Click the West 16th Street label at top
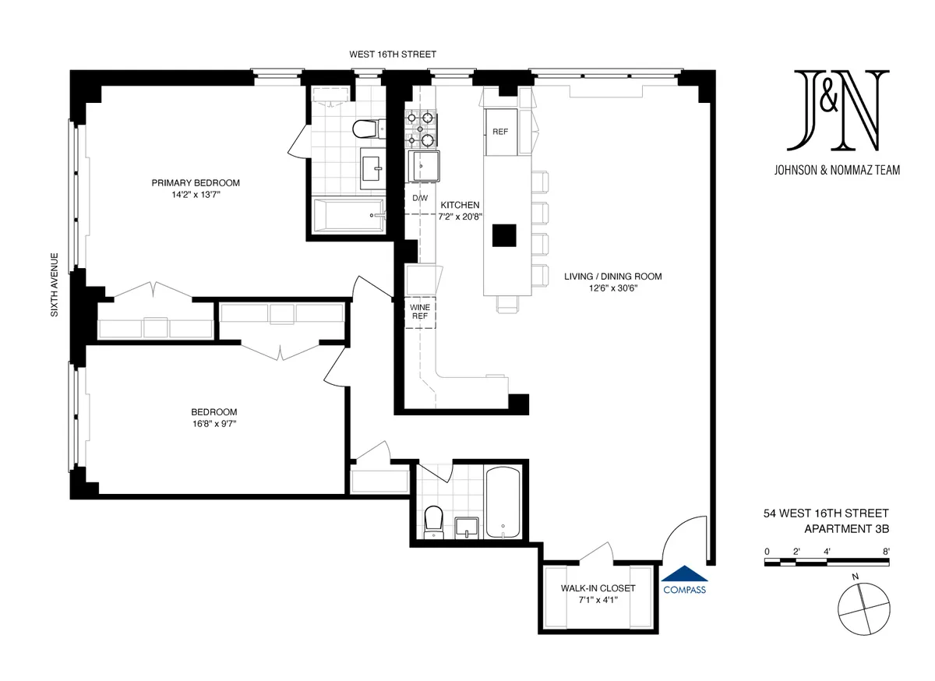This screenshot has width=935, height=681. click(393, 55)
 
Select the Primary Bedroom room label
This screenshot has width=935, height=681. click(196, 183)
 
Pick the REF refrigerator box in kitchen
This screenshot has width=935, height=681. click(500, 132)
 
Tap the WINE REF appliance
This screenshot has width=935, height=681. click(420, 312)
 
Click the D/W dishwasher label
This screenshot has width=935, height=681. click(420, 198)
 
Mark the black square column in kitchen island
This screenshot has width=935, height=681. click(504, 235)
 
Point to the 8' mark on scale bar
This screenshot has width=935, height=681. click(887, 551)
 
